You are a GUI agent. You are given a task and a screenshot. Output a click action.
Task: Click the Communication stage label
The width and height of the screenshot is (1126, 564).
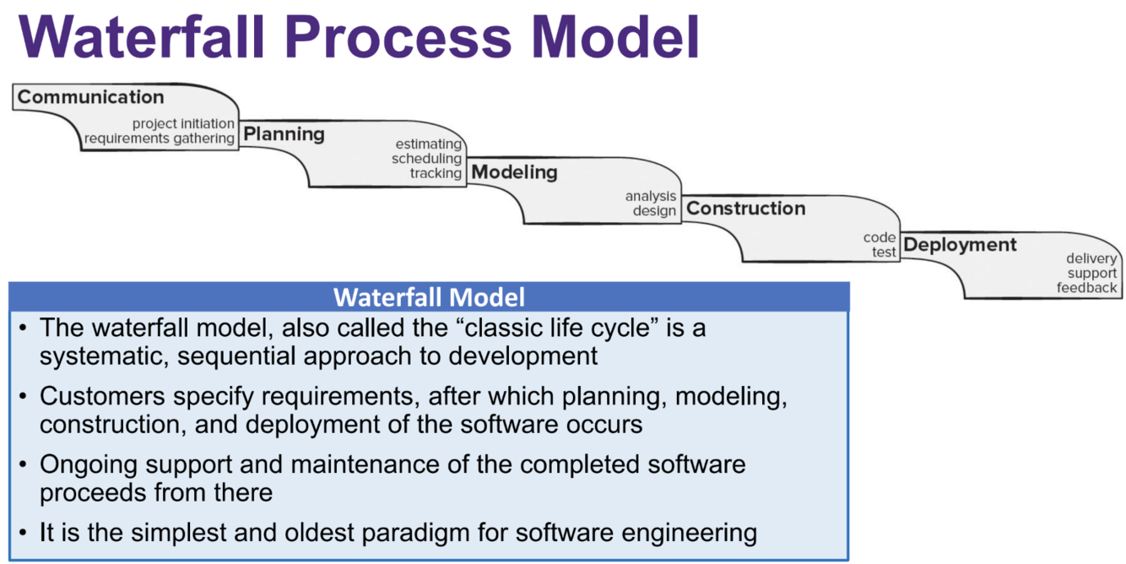(x=90, y=97)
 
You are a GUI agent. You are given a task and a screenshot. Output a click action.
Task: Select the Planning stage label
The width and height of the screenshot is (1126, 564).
(x=284, y=134)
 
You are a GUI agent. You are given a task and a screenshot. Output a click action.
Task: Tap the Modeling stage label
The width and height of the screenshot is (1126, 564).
(x=514, y=172)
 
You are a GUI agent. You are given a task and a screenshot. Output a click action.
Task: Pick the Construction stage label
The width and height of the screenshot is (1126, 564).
(x=745, y=209)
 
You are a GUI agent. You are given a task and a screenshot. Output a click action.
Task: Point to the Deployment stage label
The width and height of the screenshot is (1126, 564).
(x=960, y=246)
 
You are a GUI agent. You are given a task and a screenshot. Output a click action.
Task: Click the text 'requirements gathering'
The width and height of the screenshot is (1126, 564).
(x=160, y=138)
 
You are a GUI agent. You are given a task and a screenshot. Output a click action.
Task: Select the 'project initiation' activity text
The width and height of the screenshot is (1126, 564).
(x=183, y=124)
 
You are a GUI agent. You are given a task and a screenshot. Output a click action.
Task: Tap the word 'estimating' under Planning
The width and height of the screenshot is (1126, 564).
(x=429, y=144)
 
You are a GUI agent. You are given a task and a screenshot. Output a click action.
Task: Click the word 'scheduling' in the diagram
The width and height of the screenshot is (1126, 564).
(x=426, y=159)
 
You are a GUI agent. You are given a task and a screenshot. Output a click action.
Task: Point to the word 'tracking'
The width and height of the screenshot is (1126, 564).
(x=436, y=173)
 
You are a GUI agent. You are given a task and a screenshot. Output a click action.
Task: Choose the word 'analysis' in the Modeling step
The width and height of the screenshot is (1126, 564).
(x=650, y=197)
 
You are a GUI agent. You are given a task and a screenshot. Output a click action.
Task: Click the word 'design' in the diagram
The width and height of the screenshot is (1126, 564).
(x=654, y=211)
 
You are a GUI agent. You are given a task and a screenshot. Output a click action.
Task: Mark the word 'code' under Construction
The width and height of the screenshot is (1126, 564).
(x=880, y=238)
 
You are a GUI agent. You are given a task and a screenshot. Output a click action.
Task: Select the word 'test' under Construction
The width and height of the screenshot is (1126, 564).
(x=884, y=252)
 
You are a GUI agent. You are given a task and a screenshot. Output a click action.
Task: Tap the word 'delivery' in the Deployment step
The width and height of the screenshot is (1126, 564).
(x=1091, y=259)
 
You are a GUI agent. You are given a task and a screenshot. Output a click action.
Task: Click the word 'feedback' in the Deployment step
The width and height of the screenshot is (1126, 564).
(x=1086, y=288)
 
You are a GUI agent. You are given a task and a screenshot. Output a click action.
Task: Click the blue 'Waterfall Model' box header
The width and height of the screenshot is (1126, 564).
(x=429, y=297)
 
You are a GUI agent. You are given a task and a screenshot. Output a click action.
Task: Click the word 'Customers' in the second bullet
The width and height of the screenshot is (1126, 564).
(x=101, y=396)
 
